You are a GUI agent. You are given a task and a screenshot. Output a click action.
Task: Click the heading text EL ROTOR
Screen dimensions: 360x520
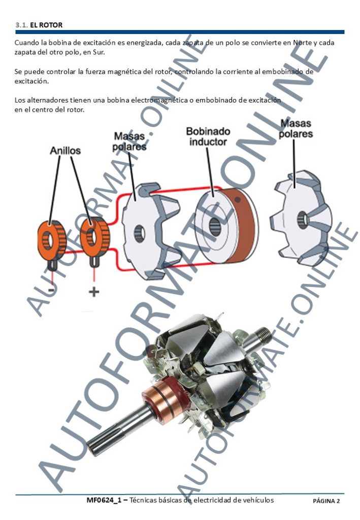46,25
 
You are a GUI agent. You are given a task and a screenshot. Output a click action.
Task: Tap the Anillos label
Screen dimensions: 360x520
66,150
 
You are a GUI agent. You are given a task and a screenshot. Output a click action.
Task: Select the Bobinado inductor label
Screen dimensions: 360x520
208,136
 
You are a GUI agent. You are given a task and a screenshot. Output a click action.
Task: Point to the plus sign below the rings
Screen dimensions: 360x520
94,291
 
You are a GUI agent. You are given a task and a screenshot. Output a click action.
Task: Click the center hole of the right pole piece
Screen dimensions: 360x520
302,219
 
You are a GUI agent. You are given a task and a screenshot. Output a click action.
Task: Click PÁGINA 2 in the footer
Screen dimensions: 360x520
326,501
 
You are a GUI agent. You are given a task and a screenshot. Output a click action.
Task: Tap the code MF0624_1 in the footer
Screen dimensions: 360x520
104,500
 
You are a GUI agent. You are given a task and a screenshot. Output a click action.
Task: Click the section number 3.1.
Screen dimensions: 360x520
21,25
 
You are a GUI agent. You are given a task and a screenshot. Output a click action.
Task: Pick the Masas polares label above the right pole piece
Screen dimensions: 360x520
296,128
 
